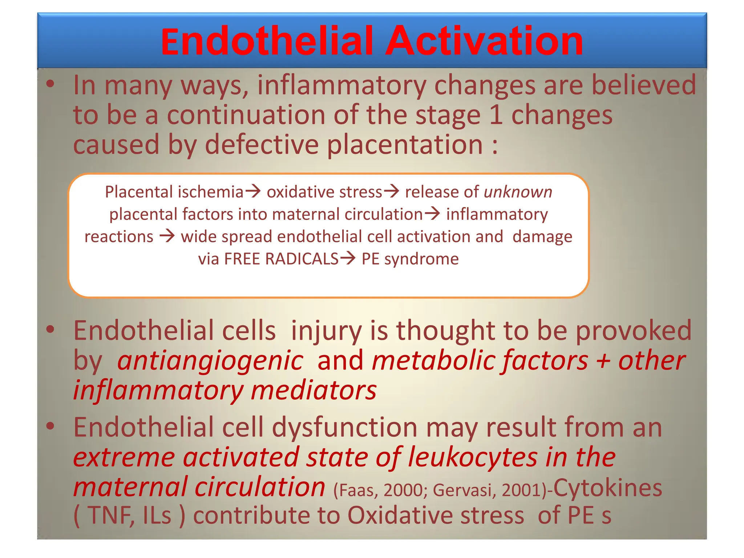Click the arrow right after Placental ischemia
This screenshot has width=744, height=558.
point(253,191)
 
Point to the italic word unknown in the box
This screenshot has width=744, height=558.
point(518,192)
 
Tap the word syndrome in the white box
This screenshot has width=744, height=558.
point(421,259)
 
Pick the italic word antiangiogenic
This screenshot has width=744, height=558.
point(210,361)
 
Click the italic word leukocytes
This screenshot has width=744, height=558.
point(472,457)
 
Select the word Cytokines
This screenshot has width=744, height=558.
point(607,488)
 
